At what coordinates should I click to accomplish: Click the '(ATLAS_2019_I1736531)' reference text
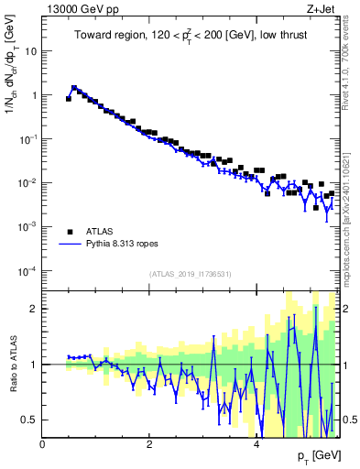191,274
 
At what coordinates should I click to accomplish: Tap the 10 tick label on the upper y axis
30,51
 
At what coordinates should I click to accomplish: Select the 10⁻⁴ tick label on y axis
27,270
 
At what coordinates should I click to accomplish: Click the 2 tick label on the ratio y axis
34,309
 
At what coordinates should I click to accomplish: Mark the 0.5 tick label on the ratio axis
30,420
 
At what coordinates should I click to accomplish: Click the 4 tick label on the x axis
256,444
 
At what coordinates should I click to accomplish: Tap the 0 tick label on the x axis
42,444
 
